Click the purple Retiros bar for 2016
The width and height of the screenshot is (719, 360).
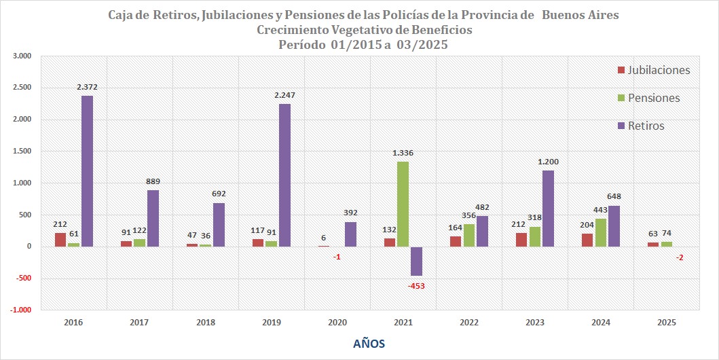[x=88, y=171]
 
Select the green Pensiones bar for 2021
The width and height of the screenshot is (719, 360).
[x=403, y=204]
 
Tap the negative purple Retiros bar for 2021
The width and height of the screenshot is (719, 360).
[x=416, y=261]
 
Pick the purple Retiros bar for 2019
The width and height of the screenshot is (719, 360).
[x=284, y=175]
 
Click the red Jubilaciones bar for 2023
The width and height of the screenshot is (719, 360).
[x=521, y=240]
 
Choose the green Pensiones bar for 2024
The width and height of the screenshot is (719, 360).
[x=601, y=232]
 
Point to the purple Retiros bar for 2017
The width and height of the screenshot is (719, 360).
[x=153, y=218]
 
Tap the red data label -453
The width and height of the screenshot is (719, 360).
[x=417, y=286]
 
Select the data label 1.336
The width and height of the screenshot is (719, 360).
[x=403, y=153]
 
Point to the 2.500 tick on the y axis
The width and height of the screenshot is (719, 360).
[x=22, y=88]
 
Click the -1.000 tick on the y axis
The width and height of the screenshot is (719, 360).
[x=21, y=310]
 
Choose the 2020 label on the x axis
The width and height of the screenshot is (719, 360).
[x=337, y=323]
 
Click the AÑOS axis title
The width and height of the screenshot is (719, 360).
[x=369, y=344]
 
